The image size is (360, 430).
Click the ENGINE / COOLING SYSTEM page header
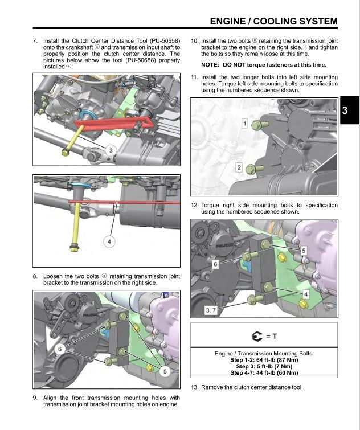pyautogui.click(x=273, y=22)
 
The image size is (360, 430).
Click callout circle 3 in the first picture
pyautogui.click(x=112, y=149)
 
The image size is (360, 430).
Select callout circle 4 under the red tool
pyautogui.click(x=109, y=241)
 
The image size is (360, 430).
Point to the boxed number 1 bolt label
pyautogui.click(x=244, y=123)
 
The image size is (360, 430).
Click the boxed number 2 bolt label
pyautogui.click(x=239, y=167)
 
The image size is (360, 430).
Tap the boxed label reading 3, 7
pyautogui.click(x=210, y=309)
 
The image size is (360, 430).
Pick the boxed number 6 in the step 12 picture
pyautogui.click(x=215, y=264)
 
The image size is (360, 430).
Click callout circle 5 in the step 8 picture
pyautogui.click(x=165, y=371)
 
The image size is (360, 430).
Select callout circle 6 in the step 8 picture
pyautogui.click(x=60, y=348)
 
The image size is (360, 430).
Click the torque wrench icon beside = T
pyautogui.click(x=255, y=337)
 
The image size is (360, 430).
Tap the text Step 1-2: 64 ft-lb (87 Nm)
pyautogui.click(x=263, y=360)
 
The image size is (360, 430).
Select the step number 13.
pyautogui.click(x=194, y=387)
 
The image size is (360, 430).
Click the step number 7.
pyautogui.click(x=35, y=42)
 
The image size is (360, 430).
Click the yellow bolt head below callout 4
pyautogui.click(x=73, y=247)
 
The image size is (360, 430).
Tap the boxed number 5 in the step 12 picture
pyautogui.click(x=303, y=249)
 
